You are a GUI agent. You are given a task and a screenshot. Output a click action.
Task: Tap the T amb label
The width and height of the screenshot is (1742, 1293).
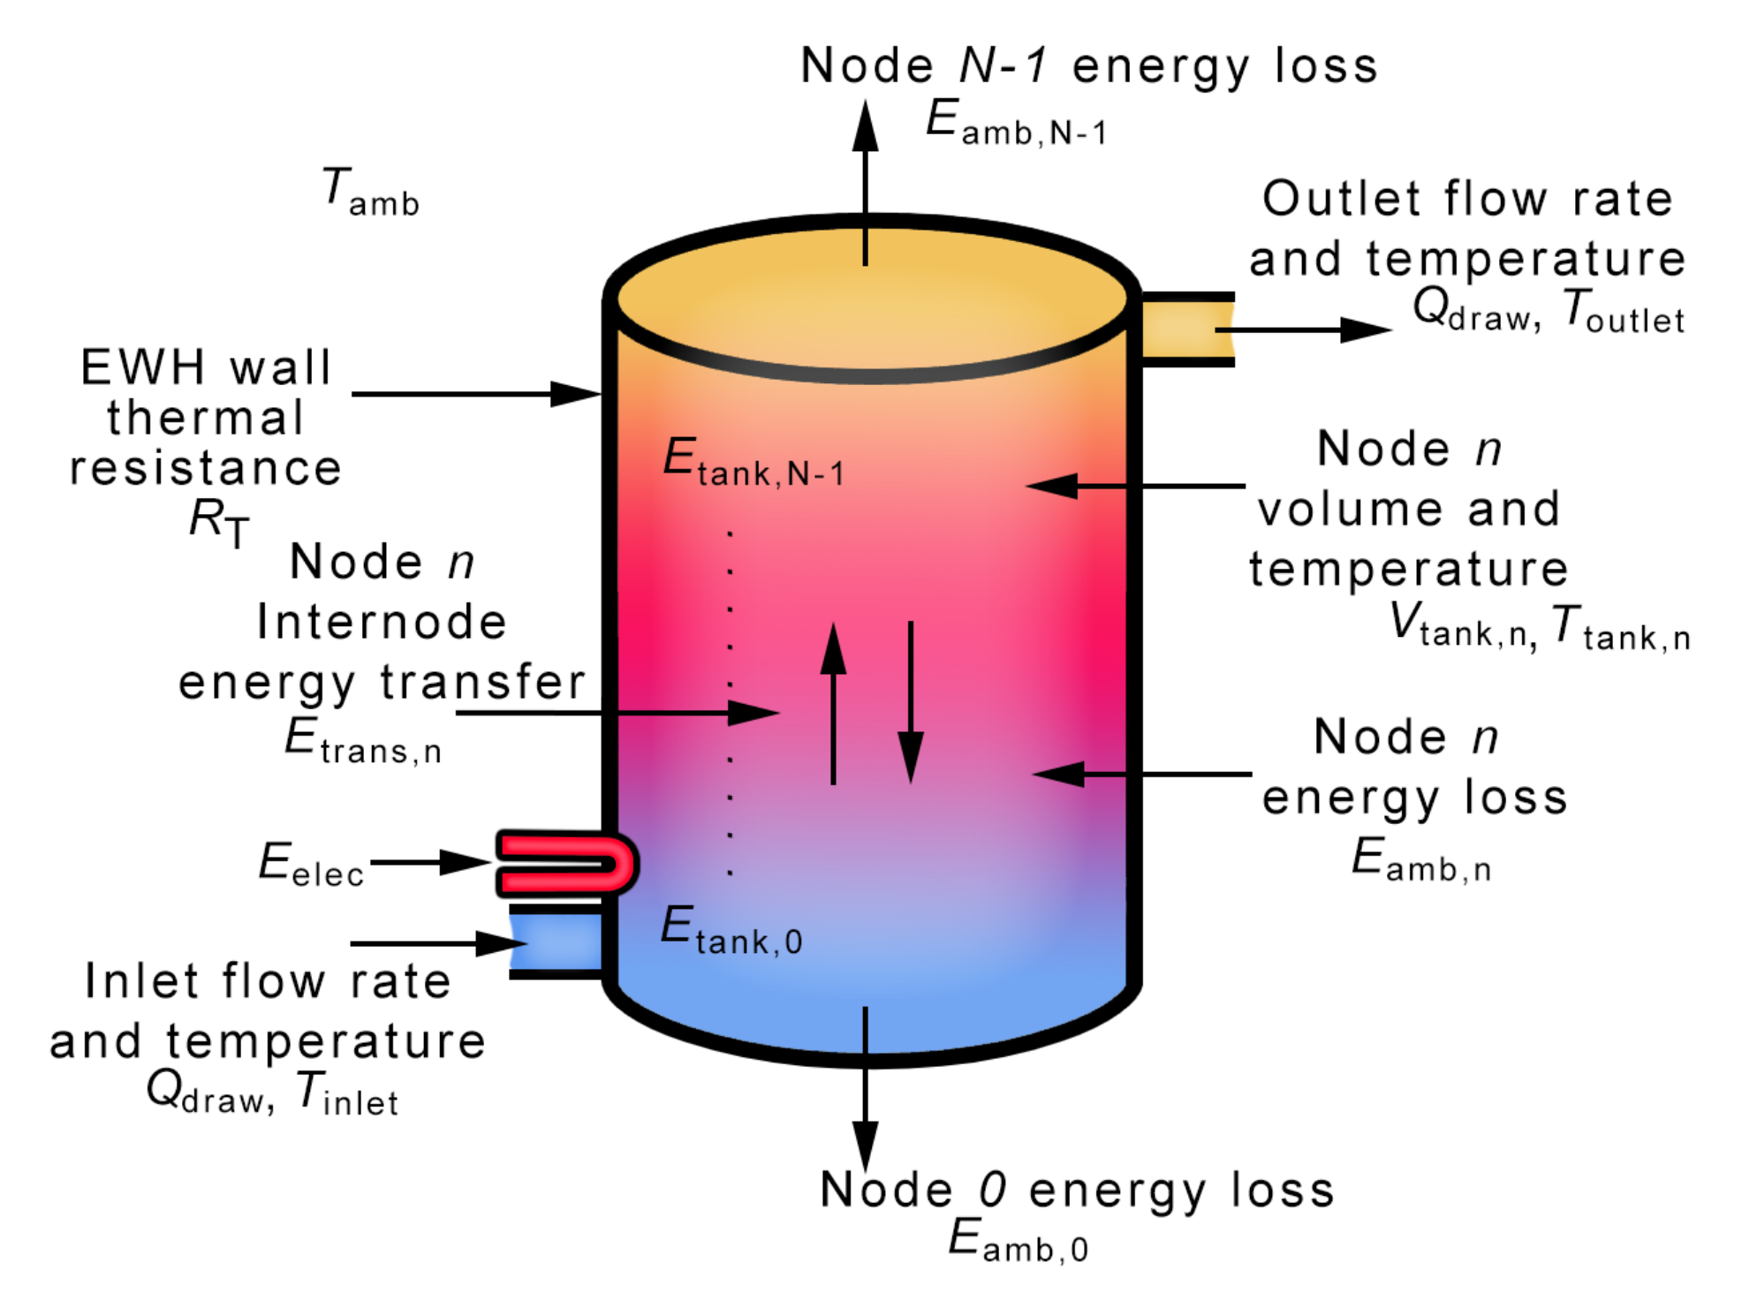(369, 192)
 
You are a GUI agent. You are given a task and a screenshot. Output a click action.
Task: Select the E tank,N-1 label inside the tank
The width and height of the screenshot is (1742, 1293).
(753, 462)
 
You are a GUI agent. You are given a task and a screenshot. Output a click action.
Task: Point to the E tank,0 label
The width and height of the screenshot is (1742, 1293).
(731, 931)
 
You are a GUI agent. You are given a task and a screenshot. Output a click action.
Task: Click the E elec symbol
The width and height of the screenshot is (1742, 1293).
(311, 864)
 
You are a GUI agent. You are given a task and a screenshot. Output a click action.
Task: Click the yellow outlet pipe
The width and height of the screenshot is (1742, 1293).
(1185, 329)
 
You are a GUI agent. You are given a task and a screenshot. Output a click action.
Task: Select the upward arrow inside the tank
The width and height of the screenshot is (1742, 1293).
(832, 702)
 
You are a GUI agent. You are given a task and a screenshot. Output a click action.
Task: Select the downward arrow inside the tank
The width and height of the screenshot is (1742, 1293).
(910, 702)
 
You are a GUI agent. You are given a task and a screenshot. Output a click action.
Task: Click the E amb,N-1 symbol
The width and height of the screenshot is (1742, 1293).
(1016, 122)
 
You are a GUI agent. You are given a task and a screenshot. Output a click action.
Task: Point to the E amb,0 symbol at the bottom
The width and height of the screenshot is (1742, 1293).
(1018, 1238)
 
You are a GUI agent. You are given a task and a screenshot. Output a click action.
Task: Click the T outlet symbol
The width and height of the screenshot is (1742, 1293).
(1624, 312)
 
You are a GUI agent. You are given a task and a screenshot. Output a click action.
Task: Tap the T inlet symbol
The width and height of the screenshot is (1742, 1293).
(346, 1093)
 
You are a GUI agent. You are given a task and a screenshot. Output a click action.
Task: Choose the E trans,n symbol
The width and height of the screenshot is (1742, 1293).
(362, 740)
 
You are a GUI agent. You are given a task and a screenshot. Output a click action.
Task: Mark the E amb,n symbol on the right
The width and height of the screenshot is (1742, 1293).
(1420, 859)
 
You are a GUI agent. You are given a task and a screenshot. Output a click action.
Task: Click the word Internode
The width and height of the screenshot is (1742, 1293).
(382, 622)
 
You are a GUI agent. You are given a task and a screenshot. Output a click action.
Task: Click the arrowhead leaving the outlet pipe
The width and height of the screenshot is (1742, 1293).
(1365, 329)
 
